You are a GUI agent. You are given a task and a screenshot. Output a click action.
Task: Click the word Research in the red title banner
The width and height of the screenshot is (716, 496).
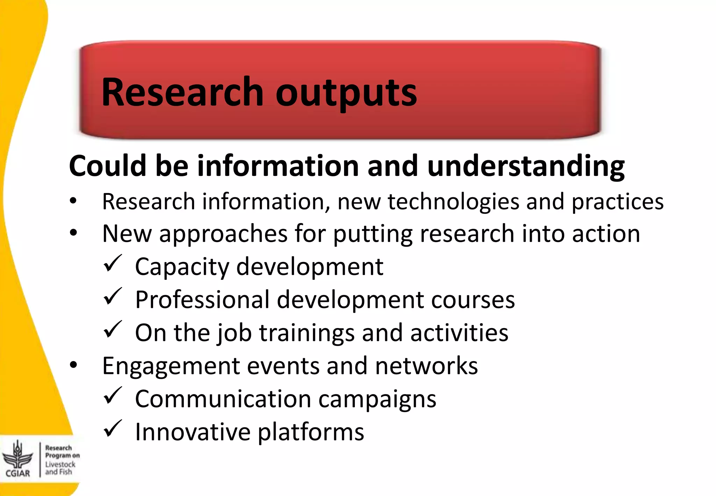tap(182, 92)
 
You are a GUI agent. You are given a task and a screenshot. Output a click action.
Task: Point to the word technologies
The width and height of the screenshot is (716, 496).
tap(453, 202)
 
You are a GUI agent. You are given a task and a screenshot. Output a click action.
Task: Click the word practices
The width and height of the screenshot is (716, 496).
tap(617, 202)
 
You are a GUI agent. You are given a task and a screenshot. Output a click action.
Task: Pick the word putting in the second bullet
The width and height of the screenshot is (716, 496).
tap(373, 234)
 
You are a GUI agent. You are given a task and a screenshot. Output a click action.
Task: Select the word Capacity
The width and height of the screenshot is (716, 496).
tap(182, 267)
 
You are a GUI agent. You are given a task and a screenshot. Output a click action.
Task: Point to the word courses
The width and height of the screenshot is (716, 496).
tap(473, 300)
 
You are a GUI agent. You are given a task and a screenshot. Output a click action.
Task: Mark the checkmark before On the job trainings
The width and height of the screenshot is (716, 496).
tap(113, 330)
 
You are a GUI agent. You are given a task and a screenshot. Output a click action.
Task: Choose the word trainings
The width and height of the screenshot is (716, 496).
tap(307, 333)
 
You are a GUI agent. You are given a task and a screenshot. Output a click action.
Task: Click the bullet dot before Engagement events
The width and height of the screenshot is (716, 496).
tap(73, 365)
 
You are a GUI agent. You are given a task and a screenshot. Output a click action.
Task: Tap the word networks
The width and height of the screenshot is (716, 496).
tap(426, 366)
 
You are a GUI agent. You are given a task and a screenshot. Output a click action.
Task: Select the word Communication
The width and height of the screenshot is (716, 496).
tap(223, 399)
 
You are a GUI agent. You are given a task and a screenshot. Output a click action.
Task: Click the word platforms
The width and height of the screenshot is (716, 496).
tap(311, 432)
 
